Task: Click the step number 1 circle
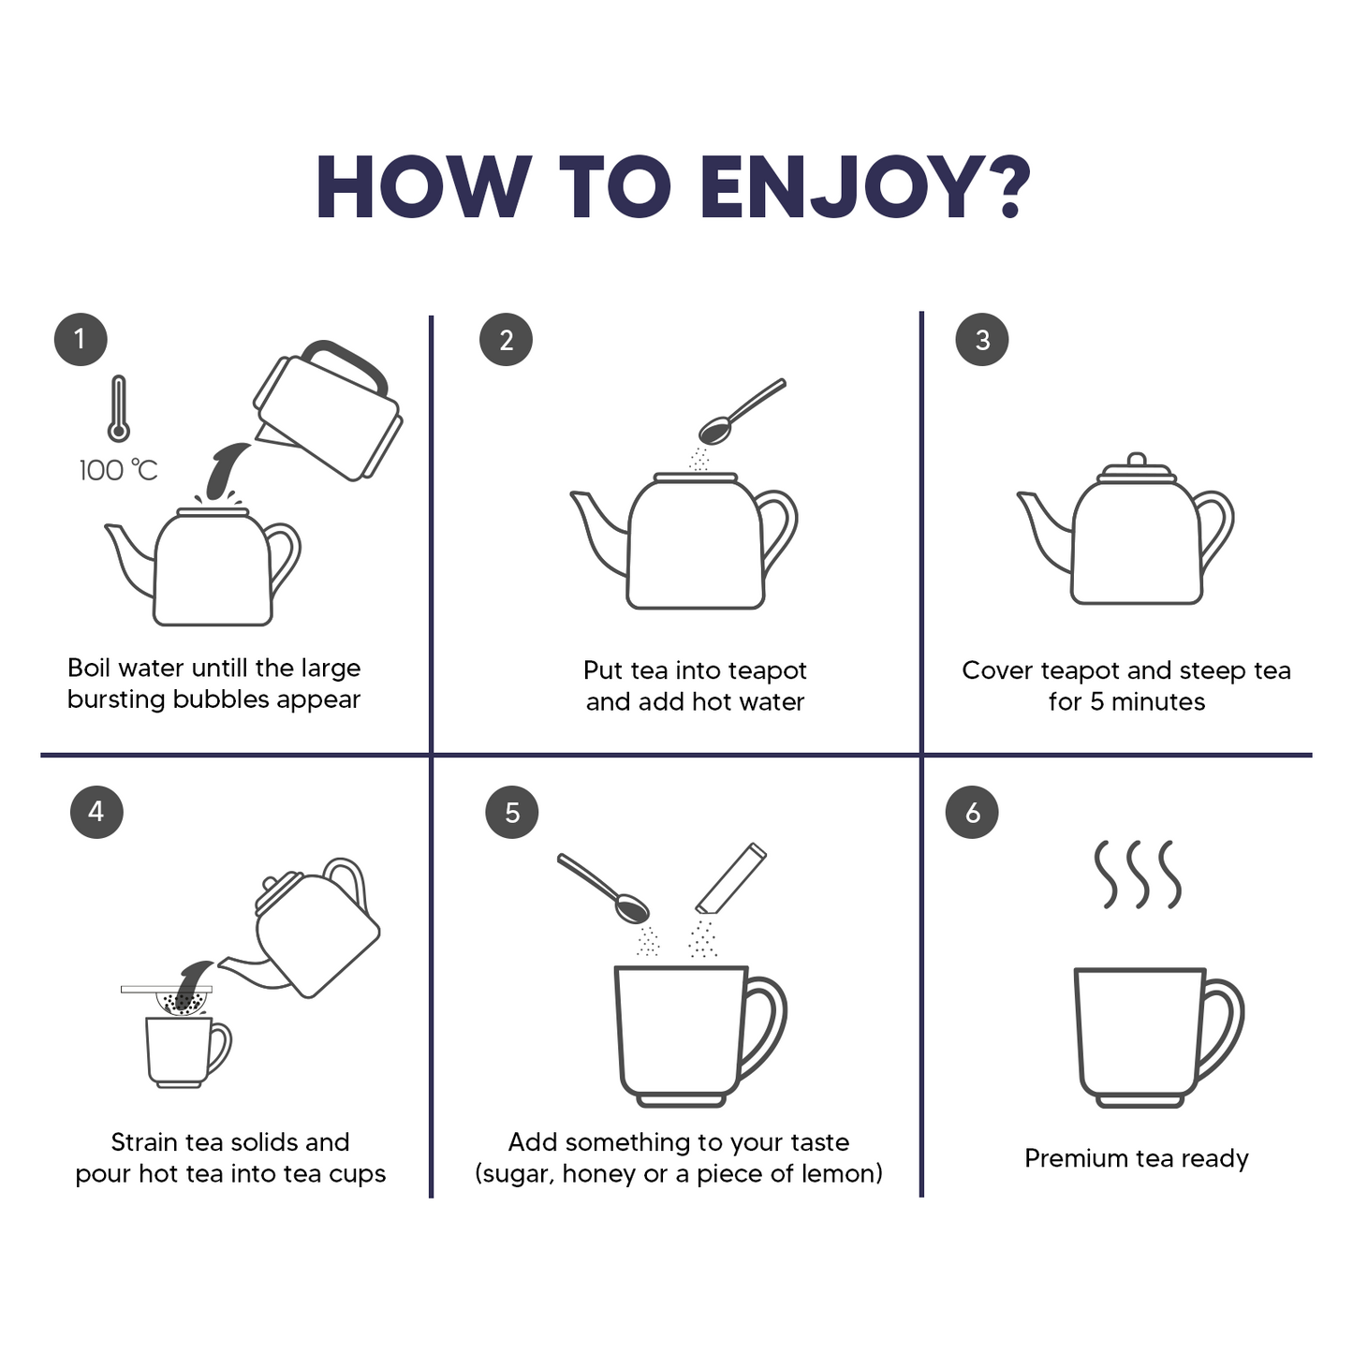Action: [81, 339]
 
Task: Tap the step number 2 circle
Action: [507, 339]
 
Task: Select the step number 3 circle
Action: [982, 339]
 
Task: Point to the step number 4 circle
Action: [96, 812]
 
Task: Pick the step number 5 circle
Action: [512, 813]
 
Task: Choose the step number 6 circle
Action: [972, 813]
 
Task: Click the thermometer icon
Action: [119, 408]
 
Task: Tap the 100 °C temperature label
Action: [119, 470]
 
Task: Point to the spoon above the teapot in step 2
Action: [742, 412]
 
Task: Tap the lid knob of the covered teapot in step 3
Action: [1137, 460]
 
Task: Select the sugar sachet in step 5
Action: [731, 878]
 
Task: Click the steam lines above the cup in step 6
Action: [1138, 875]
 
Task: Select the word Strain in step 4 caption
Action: [144, 1142]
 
